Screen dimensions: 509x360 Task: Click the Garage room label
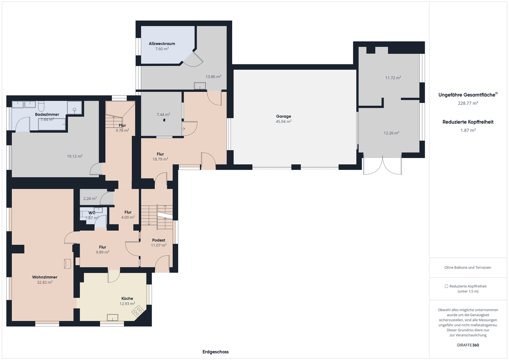pyautogui.click(x=283, y=116)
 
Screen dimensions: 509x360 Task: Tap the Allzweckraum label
pyautogui.click(x=162, y=44)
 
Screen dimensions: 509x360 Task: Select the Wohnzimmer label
pyautogui.click(x=45, y=277)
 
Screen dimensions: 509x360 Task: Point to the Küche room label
pyautogui.click(x=127, y=298)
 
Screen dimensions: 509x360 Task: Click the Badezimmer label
pyautogui.click(x=47, y=114)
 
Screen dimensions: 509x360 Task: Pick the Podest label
pyautogui.click(x=159, y=240)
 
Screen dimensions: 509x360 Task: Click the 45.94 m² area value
pyautogui.click(x=283, y=122)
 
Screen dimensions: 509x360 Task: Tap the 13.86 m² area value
pyautogui.click(x=214, y=77)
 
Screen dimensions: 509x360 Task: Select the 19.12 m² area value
pyautogui.click(x=75, y=156)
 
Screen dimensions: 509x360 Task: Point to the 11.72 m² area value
pyautogui.click(x=393, y=78)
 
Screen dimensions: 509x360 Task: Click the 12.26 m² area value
pyautogui.click(x=391, y=133)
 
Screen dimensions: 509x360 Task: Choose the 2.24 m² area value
pyautogui.click(x=90, y=199)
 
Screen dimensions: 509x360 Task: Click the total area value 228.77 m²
pyautogui.click(x=468, y=103)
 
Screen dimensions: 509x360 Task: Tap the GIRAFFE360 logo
pyautogui.click(x=468, y=345)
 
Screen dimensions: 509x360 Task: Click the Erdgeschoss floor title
pyautogui.click(x=216, y=352)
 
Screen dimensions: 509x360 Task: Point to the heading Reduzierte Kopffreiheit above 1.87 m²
pyautogui.click(x=468, y=122)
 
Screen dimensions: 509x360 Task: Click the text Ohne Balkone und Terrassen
pyautogui.click(x=468, y=267)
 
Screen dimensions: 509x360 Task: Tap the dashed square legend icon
pyautogui.click(x=446, y=286)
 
